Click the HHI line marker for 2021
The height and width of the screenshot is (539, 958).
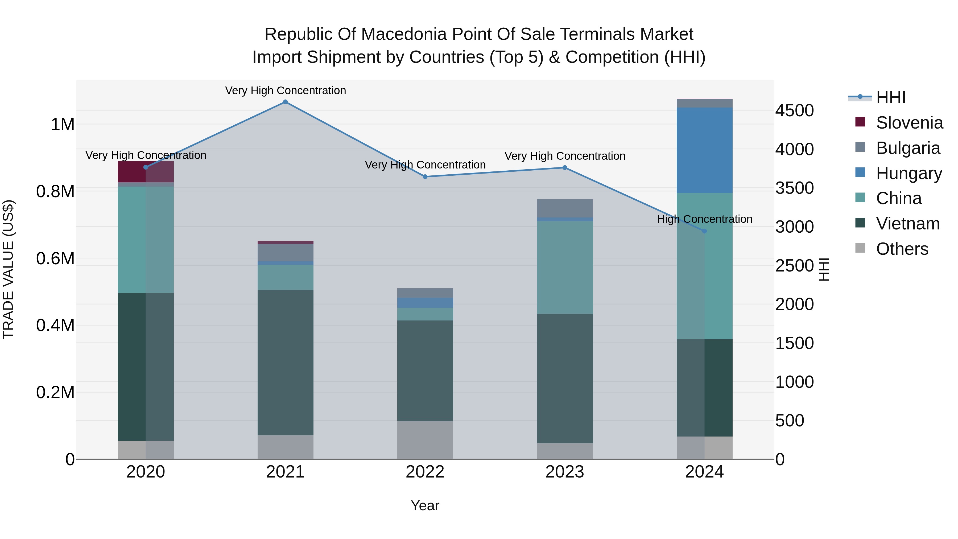click(x=285, y=102)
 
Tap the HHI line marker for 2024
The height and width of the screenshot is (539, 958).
click(x=704, y=231)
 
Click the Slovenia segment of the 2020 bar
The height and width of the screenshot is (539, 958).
click(x=145, y=171)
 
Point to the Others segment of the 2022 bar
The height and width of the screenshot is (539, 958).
click(x=425, y=440)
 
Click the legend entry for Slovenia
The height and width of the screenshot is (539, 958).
click(x=909, y=123)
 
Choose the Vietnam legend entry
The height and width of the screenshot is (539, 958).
click(x=907, y=224)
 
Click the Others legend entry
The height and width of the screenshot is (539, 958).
click(x=902, y=249)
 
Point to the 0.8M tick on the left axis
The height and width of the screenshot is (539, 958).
click(x=55, y=192)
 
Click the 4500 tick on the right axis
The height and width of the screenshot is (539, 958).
click(x=794, y=111)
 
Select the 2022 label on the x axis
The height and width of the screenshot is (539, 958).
click(x=425, y=472)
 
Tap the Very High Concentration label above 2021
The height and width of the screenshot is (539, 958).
click(x=285, y=90)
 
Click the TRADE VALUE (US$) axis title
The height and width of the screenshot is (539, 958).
click(x=8, y=269)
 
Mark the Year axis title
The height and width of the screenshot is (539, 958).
click(x=425, y=505)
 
